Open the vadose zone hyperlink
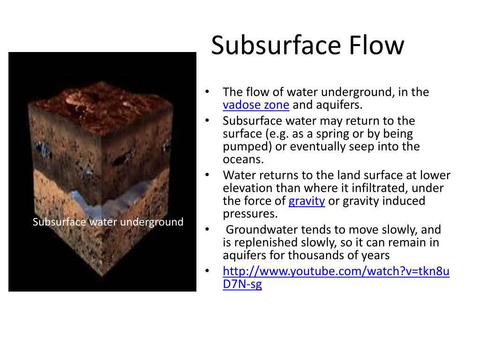256,105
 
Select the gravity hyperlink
307,202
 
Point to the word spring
325,134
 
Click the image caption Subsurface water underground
108,222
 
